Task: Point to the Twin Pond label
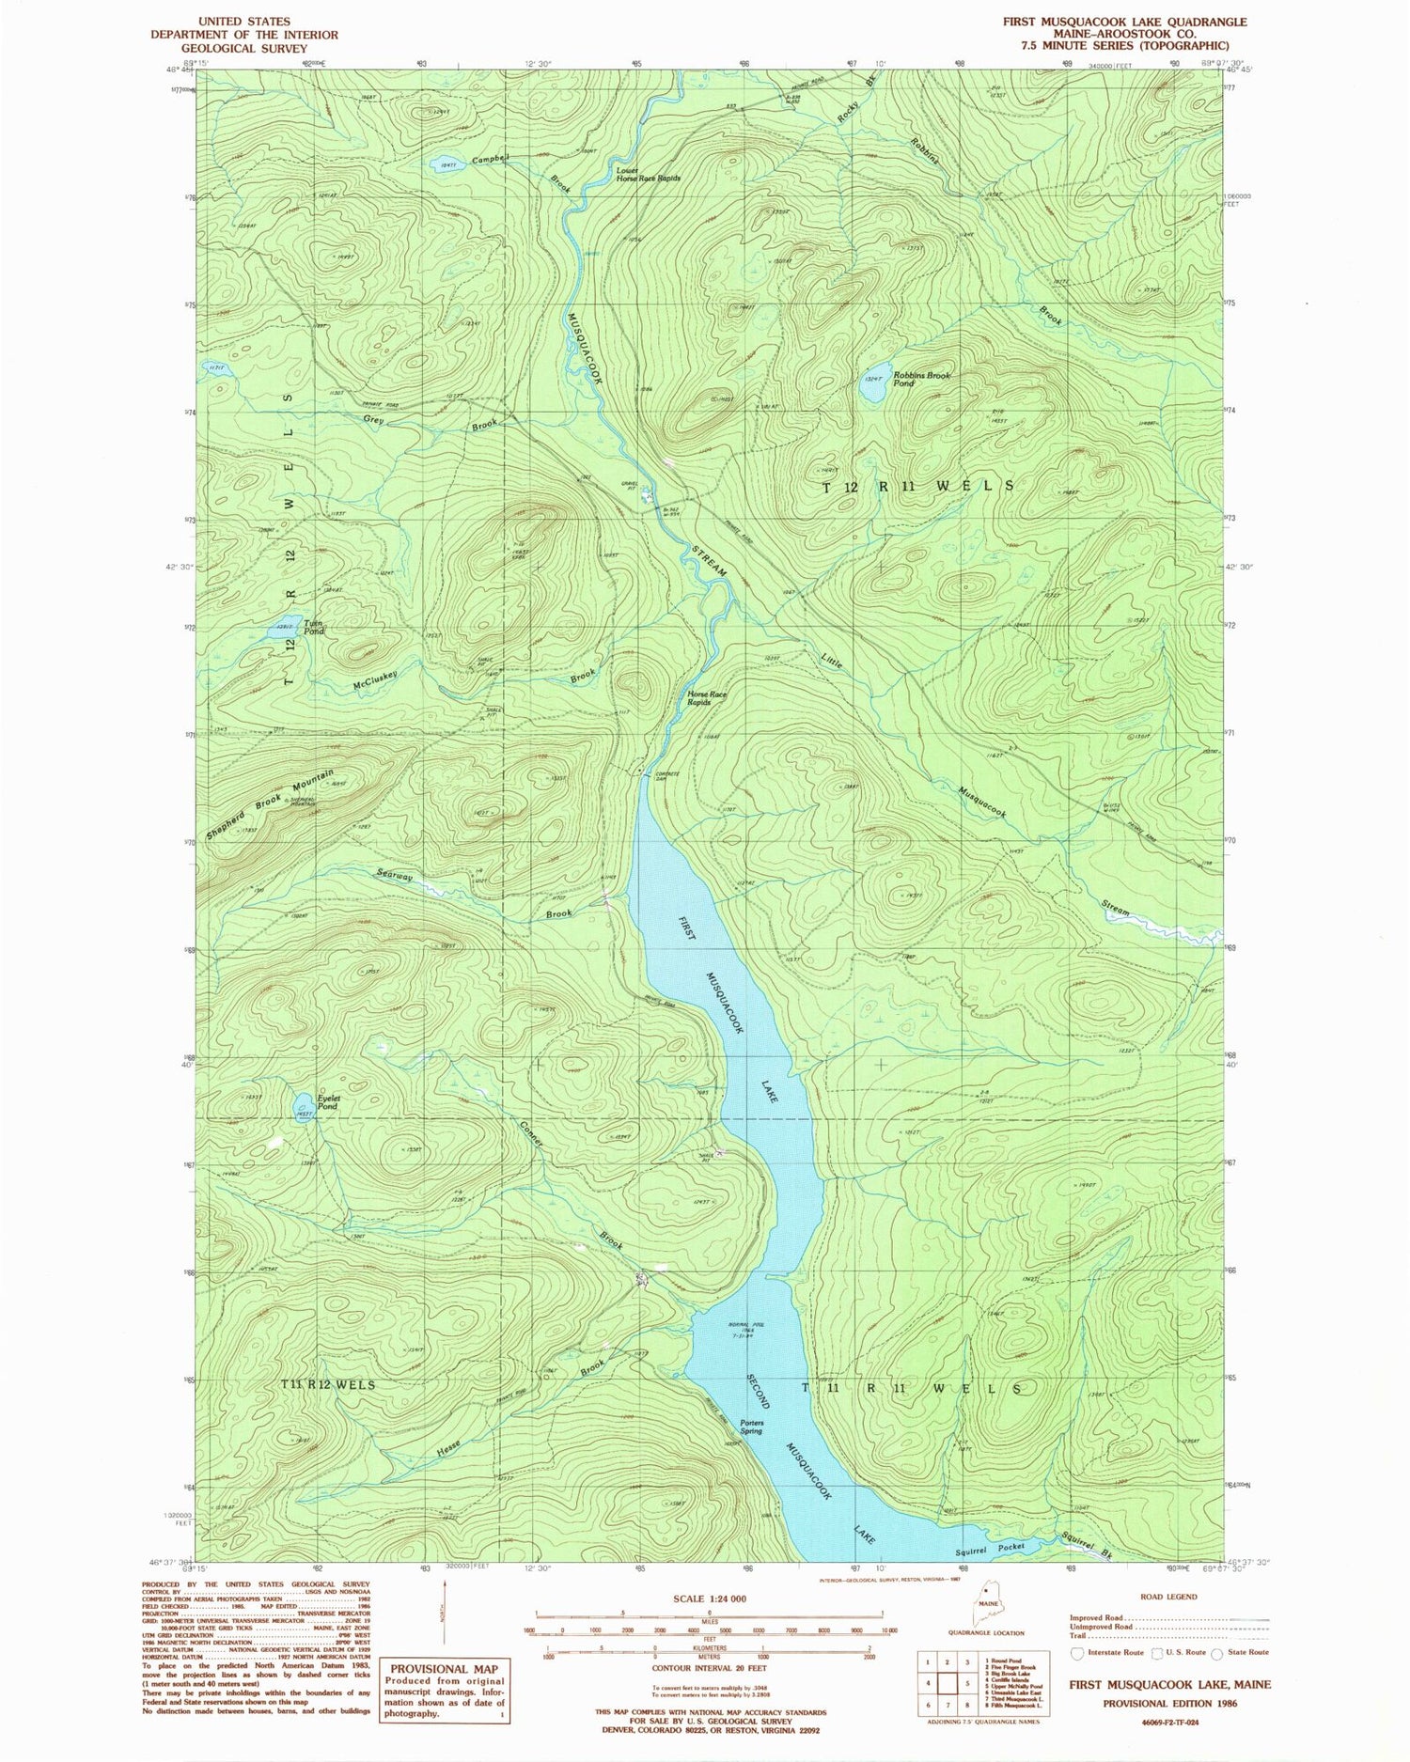[x=313, y=629]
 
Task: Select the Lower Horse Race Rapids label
[x=648, y=174]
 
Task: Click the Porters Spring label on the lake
[x=751, y=1427]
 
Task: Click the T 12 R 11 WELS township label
[x=918, y=486]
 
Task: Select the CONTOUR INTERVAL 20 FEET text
[x=710, y=1669]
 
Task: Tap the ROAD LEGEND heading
[x=1167, y=1597]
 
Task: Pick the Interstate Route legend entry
[x=1110, y=1651]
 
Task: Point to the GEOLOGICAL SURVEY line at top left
[x=244, y=47]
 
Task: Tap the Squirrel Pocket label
[x=999, y=1546]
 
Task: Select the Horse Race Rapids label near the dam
[x=706, y=697]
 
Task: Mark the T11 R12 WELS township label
[x=328, y=1384]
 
